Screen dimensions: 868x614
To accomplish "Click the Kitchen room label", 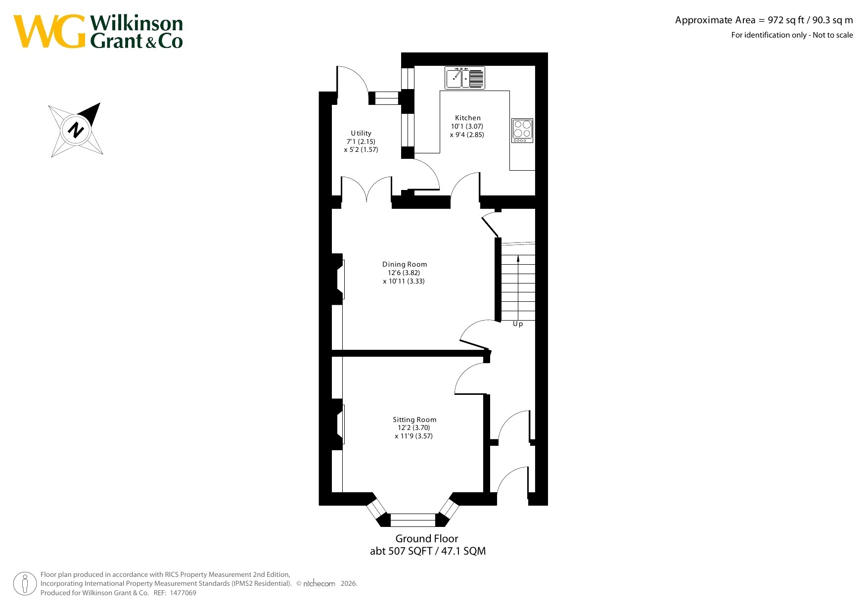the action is [x=467, y=118].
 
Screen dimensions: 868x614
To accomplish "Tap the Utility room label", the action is [x=361, y=133].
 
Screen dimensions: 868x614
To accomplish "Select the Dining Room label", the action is [x=405, y=264].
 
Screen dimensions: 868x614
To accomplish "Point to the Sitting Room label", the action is [x=414, y=420].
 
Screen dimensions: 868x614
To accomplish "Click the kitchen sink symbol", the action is [x=465, y=78].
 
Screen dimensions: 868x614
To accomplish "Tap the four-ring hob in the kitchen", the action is [x=522, y=131].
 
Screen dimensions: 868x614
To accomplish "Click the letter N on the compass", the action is [x=76, y=130].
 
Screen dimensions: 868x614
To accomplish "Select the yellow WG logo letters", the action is [x=49, y=31].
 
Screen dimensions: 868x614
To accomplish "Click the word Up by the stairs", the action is [x=518, y=324].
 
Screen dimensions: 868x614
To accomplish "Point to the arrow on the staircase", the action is [x=518, y=287].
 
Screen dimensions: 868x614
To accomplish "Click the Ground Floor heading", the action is [x=426, y=538].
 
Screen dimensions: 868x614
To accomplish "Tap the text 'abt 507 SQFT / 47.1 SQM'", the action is [x=428, y=551].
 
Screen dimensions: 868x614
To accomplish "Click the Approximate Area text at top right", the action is [x=764, y=20].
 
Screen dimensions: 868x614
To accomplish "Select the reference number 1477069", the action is [x=183, y=593].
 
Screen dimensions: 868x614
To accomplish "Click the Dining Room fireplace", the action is [x=338, y=279].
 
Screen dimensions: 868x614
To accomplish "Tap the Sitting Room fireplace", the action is [x=338, y=425].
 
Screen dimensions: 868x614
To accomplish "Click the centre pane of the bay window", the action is [x=413, y=520].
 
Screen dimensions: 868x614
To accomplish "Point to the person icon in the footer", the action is [x=25, y=584].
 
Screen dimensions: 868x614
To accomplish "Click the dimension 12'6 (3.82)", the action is [x=404, y=273].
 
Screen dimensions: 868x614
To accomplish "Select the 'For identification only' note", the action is [x=792, y=35].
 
